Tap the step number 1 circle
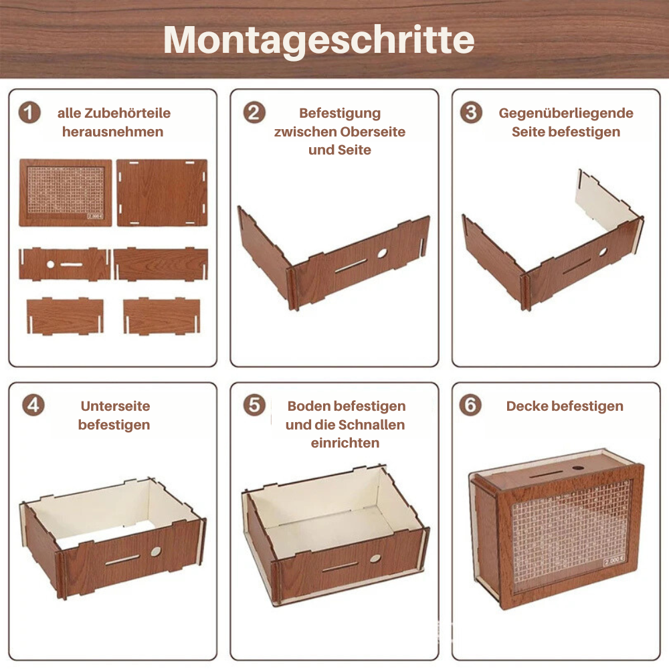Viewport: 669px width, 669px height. click(29, 112)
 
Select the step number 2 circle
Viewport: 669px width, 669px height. click(254, 112)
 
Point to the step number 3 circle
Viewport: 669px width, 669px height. click(472, 112)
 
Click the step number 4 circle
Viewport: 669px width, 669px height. click(32, 405)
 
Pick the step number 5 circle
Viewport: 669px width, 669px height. click(254, 405)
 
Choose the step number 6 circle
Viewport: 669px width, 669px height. click(472, 405)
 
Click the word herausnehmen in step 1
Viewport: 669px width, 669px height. click(112, 132)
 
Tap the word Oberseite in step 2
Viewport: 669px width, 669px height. click(373, 132)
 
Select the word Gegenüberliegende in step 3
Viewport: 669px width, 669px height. click(566, 113)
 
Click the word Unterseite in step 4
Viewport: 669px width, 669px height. click(115, 406)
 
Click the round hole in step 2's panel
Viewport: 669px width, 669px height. click(382, 254)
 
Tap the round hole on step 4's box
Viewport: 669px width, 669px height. click(155, 551)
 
